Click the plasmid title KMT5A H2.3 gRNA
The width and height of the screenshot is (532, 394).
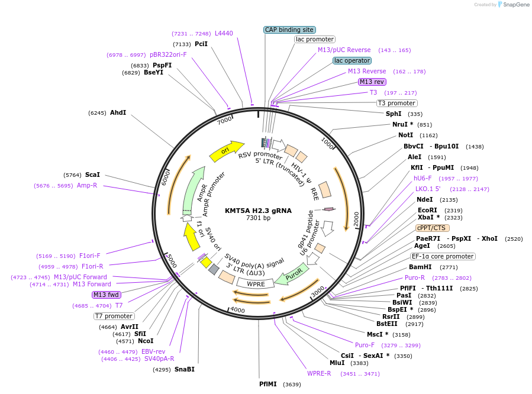pos(258,210)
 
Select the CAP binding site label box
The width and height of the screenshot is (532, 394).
pos(289,30)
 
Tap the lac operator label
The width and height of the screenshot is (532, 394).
pos(352,60)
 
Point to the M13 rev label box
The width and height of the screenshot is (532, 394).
pos(372,82)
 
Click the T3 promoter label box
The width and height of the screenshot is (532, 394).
pos(396,103)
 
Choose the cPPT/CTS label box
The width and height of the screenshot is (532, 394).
pos(432,228)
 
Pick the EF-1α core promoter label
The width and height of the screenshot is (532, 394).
pos(443,256)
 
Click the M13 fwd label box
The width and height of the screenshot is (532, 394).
pos(107,295)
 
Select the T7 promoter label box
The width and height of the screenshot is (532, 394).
pos(114,316)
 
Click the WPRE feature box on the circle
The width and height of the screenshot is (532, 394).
pos(255,284)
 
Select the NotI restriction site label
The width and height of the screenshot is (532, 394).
pos(405,135)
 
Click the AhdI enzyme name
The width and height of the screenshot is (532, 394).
pos(118,112)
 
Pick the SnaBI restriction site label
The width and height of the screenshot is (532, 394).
pos(184,369)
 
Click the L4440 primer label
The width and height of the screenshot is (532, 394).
pos(224,34)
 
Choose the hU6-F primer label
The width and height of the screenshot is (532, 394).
pos(423,178)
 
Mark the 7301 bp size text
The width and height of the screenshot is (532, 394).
pos(258,218)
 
